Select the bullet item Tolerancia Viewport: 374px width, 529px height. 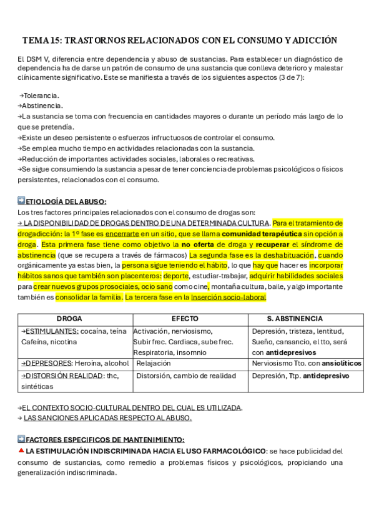pyautogui.click(x=40, y=95)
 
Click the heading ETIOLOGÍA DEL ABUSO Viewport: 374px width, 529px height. pyautogui.click(x=65, y=201)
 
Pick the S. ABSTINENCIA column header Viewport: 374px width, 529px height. pyautogui.click(x=294, y=318)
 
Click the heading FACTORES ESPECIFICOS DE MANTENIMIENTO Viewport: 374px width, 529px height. pyautogui.click(x=105, y=439)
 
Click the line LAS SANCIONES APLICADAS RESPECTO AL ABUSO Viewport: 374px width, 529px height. pyautogui.click(x=107, y=418)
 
